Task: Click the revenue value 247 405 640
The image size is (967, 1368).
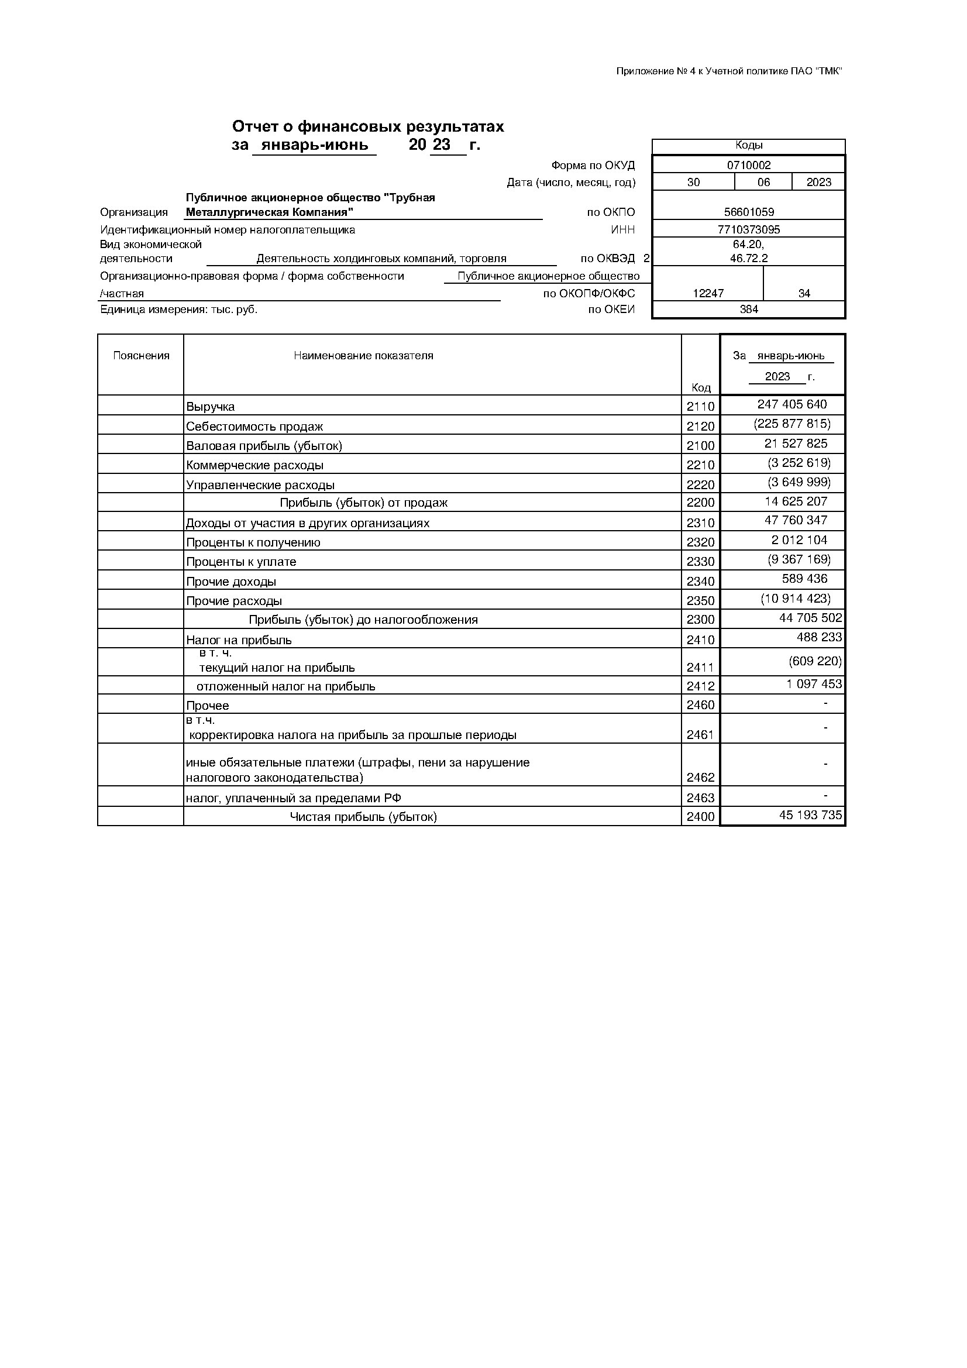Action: point(792,404)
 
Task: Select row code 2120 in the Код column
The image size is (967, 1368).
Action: point(700,426)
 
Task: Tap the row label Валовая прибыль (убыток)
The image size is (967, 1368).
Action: point(264,446)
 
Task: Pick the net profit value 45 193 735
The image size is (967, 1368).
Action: point(810,815)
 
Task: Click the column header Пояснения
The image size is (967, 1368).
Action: point(141,356)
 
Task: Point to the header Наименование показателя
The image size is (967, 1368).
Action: point(363,356)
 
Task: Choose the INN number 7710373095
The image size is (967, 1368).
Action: point(749,229)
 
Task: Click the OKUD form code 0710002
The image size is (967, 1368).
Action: point(748,165)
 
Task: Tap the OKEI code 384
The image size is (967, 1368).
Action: point(748,309)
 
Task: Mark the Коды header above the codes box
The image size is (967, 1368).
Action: point(749,145)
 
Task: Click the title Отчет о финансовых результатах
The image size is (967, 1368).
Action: point(367,126)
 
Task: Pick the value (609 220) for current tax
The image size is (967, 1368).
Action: point(814,661)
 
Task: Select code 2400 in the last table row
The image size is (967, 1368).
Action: point(700,817)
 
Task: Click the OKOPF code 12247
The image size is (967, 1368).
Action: point(708,294)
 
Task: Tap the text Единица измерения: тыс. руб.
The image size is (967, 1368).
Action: point(179,309)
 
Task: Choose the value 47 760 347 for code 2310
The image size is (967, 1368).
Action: point(796,520)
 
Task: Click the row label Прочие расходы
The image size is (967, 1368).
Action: point(234,601)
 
